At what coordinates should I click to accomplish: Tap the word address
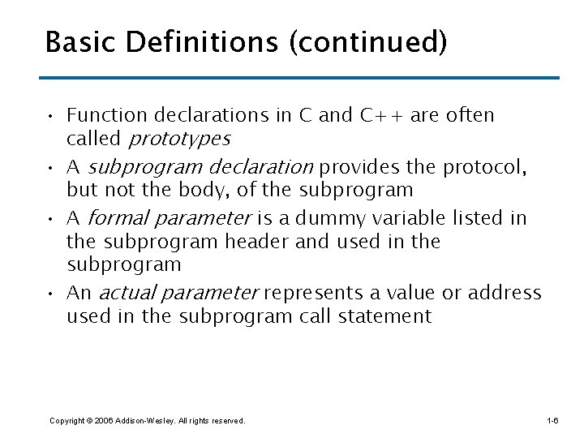503,293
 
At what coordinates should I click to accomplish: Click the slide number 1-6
552,420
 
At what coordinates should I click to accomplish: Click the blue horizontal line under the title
301,78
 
